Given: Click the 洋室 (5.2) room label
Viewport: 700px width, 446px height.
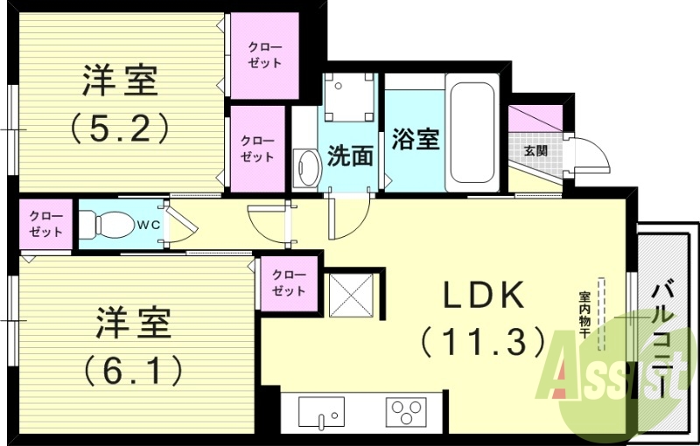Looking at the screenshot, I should click(x=120, y=105).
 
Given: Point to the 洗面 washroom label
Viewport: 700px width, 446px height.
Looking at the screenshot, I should click(x=350, y=157).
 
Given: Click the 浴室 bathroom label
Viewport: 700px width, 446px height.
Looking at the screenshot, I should click(x=415, y=138).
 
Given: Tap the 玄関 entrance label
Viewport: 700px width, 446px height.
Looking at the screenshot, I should click(x=535, y=150).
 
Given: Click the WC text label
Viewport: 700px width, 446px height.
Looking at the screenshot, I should click(x=146, y=223).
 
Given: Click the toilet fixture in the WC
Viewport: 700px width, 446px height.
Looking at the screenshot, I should click(x=102, y=224).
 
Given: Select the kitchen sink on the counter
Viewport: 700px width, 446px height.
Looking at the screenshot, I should click(x=321, y=411).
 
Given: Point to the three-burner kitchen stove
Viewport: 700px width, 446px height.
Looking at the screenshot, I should click(x=407, y=411).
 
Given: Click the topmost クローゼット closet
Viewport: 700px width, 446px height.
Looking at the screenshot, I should click(x=263, y=53).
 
